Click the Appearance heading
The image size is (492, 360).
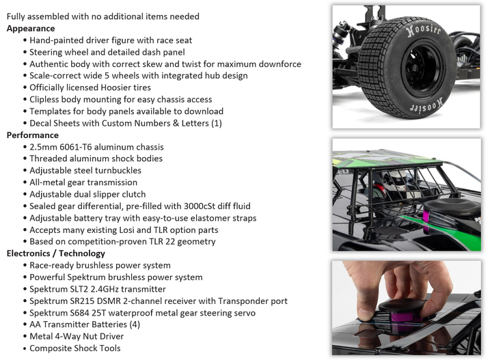31,29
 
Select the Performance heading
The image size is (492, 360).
33,135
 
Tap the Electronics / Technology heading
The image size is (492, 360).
56,253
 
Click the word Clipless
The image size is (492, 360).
44,100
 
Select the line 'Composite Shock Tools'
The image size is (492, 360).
75,348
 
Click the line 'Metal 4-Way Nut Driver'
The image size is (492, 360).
77,337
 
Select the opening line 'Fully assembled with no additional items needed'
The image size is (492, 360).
103,16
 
